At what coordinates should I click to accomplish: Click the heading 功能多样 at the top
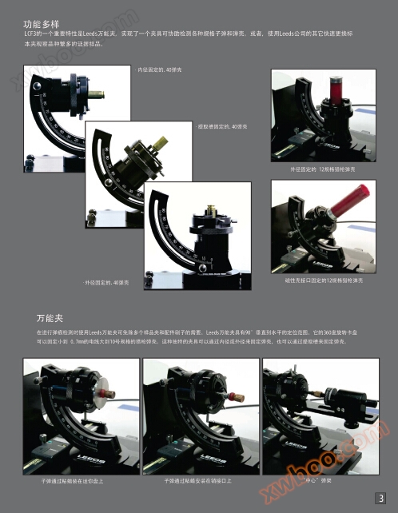point(42,25)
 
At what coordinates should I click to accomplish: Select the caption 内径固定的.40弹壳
point(161,70)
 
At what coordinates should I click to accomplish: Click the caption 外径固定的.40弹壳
point(106,282)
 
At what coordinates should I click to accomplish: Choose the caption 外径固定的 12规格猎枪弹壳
point(323,169)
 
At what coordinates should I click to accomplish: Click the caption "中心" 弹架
point(318,481)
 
